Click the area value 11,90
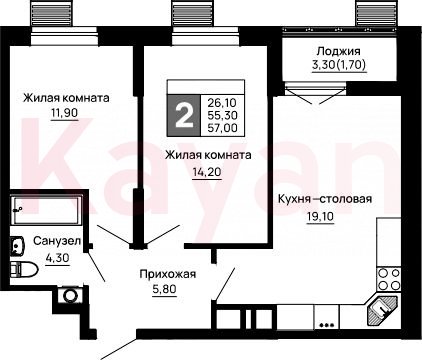click(x=64, y=113)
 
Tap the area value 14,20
click(x=207, y=172)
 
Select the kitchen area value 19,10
click(x=320, y=217)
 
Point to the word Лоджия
click(x=338, y=51)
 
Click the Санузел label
click(x=57, y=241)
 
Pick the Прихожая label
click(x=168, y=274)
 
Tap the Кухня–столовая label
click(x=325, y=199)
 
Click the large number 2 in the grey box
click(x=184, y=116)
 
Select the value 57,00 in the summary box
click(x=222, y=128)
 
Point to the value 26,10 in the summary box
click(x=222, y=102)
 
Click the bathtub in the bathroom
click(x=46, y=210)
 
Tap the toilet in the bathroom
click(x=23, y=270)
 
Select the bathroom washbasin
click(x=17, y=246)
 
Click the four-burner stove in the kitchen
click(x=389, y=279)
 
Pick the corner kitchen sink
click(x=382, y=311)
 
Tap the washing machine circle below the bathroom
click(x=70, y=296)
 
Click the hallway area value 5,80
click(x=164, y=289)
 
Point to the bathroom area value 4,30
click(x=57, y=258)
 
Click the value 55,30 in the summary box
click(x=222, y=115)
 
